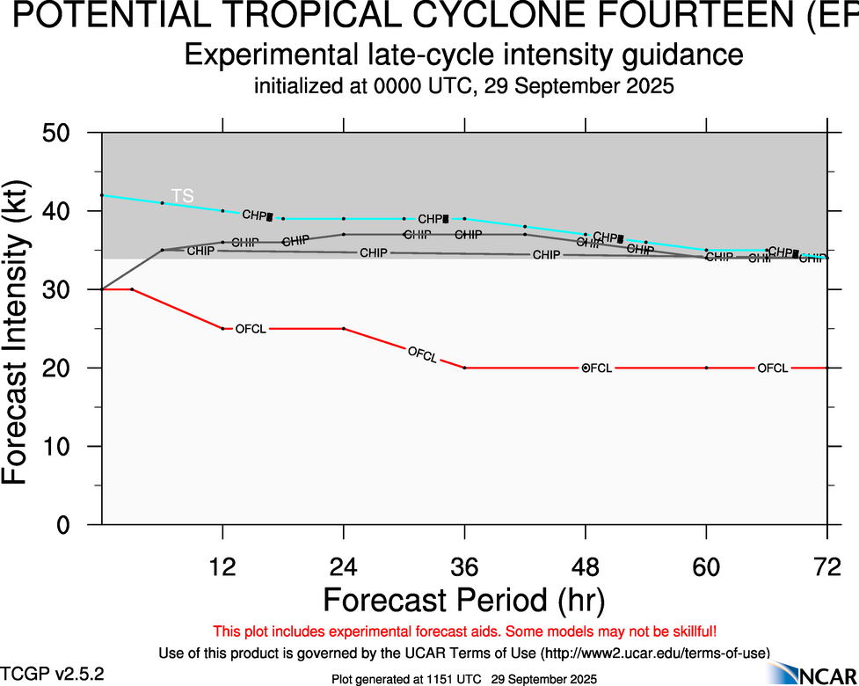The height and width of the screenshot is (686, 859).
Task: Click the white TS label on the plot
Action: (x=182, y=196)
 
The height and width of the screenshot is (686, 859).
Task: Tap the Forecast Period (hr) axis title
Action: (x=463, y=600)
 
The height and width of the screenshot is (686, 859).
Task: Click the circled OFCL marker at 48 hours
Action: (x=586, y=368)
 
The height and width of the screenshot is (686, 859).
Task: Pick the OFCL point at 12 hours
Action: (x=223, y=329)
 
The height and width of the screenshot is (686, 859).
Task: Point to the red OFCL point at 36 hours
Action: (x=464, y=368)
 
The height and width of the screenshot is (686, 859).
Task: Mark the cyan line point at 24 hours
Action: (x=344, y=219)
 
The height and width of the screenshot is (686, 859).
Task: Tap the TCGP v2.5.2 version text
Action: (x=52, y=674)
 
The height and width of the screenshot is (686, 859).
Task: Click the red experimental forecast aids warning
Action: (x=464, y=631)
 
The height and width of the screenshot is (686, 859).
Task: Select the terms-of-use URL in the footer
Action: (x=655, y=653)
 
